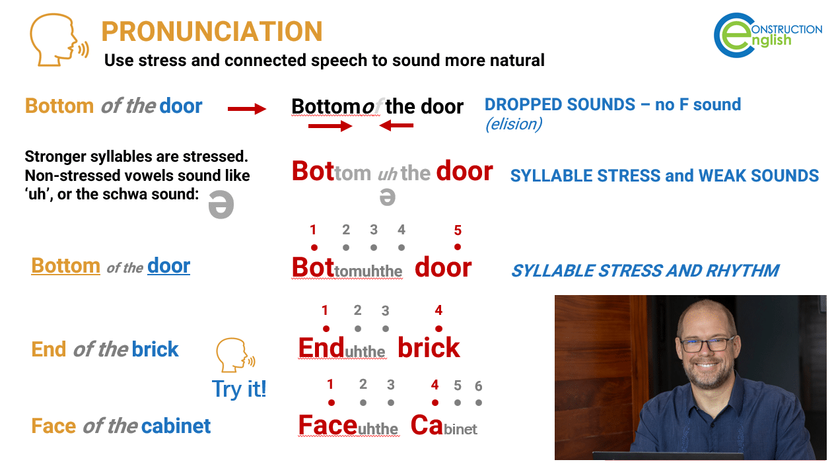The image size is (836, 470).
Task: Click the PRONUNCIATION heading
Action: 212,32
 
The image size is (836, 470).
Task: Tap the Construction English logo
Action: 767,36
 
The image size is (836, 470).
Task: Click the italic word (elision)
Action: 513,124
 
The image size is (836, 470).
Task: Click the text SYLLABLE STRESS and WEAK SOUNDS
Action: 664,176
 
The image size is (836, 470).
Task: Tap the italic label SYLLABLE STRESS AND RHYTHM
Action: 644,271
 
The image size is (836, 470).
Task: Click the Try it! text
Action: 239,389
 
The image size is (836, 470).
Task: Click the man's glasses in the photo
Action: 708,343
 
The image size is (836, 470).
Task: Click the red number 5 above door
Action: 458,230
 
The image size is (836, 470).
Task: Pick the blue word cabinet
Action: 176,426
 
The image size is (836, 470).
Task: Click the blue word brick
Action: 155,349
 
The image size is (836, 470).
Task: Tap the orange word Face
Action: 53,426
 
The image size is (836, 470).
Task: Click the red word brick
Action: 429,348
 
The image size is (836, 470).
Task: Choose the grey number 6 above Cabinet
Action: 479,386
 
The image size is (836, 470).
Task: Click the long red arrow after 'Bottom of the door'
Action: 246,108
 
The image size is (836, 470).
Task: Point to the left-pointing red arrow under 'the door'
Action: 396,125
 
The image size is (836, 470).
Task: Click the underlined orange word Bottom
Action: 65,266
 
